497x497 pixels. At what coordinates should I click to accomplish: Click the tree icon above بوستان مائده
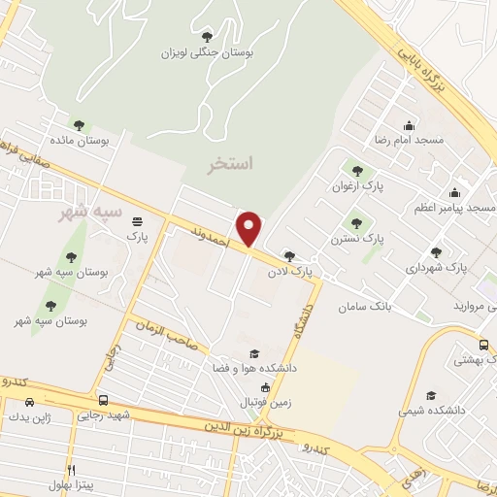pyautogui.click(x=79, y=125)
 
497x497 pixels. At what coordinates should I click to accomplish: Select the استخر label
pyautogui.click(x=231, y=164)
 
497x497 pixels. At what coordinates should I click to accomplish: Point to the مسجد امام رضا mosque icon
pyautogui.click(x=409, y=125)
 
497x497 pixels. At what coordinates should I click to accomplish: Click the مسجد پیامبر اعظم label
pyautogui.click(x=480, y=209)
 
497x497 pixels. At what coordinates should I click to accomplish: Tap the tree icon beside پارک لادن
pyautogui.click(x=288, y=256)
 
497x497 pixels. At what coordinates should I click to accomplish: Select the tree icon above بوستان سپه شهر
pyautogui.click(x=70, y=257)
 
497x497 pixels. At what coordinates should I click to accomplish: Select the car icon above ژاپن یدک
pyautogui.click(x=30, y=402)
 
